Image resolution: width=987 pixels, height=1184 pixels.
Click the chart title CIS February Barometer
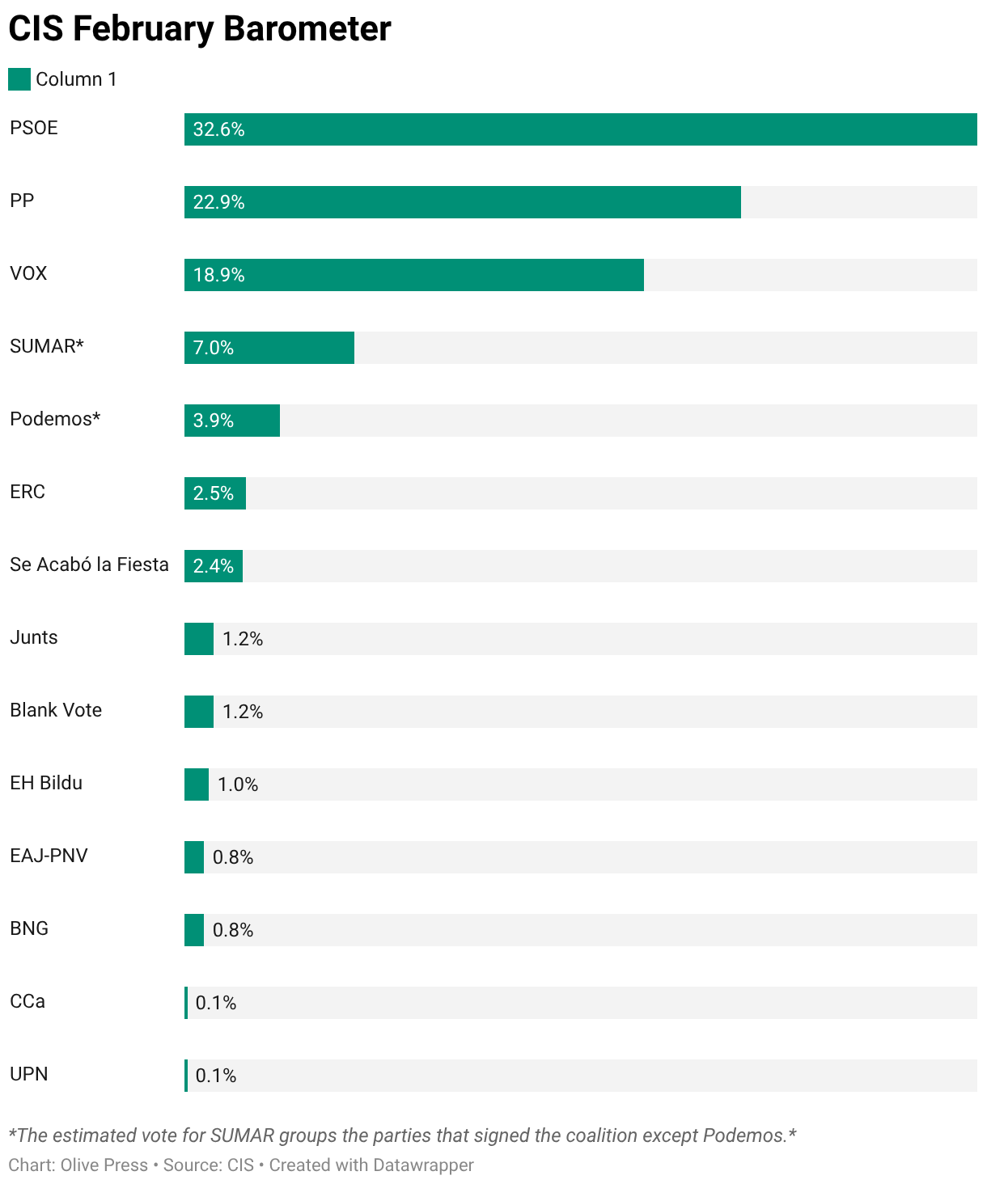point(200,29)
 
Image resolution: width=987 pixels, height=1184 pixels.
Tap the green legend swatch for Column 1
point(19,79)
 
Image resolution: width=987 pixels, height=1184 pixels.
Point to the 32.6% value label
point(218,129)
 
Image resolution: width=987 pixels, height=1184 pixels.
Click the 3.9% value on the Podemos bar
point(214,421)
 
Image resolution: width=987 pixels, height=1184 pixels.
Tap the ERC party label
point(28,492)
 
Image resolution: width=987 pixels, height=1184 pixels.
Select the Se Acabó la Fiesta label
point(89,565)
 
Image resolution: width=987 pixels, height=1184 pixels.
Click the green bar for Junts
point(199,639)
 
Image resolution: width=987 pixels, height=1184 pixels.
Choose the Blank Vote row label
point(56,710)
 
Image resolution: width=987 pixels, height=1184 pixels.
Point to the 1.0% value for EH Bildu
point(238,784)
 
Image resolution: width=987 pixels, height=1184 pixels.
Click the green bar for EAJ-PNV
point(194,857)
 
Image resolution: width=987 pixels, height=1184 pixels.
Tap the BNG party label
point(29,928)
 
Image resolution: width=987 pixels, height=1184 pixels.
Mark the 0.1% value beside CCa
point(216,1003)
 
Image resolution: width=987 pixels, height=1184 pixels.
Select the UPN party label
point(29,1074)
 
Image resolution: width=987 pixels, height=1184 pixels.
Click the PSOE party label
point(34,128)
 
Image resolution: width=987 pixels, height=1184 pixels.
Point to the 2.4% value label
point(214,566)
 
